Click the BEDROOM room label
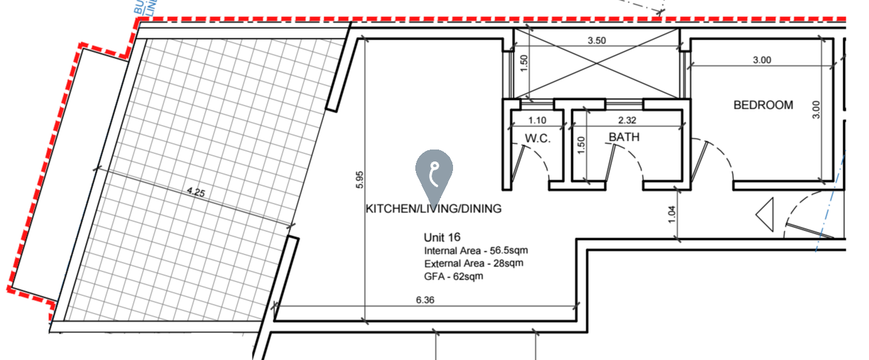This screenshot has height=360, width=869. pyautogui.click(x=763, y=106)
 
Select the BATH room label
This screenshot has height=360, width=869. pyautogui.click(x=624, y=137)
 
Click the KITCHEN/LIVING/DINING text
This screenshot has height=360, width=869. pyautogui.click(x=434, y=209)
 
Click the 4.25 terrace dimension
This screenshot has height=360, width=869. pyautogui.click(x=195, y=193)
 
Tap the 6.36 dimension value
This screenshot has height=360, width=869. pyautogui.click(x=425, y=300)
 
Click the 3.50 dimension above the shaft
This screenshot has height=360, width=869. pyautogui.click(x=596, y=41)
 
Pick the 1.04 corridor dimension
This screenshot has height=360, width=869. pyautogui.click(x=670, y=214)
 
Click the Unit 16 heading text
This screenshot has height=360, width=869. pyautogui.click(x=442, y=237)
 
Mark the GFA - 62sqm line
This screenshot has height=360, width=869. pyautogui.click(x=453, y=276)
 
